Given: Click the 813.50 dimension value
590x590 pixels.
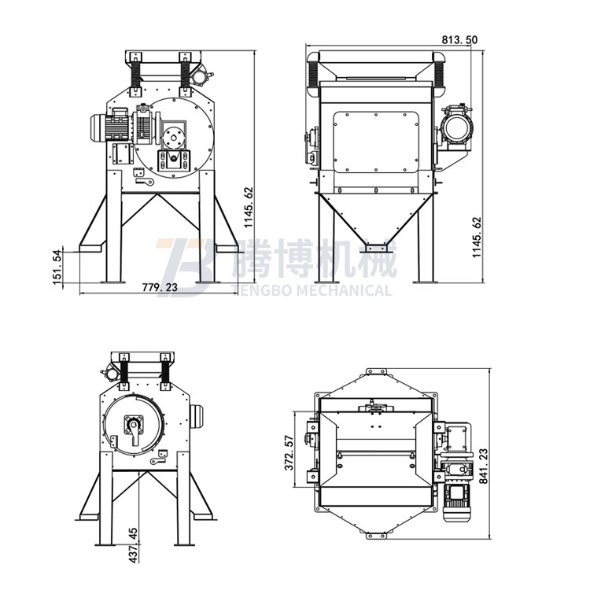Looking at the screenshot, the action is click(459, 39).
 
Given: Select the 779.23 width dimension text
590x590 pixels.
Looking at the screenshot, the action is click(160, 287).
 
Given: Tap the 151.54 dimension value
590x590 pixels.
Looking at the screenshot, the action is click(57, 267).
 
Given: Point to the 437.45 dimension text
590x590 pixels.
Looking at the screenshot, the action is click(133, 545).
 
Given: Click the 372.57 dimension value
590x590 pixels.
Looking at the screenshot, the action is click(289, 452).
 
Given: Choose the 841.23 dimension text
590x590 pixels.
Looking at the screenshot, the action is click(484, 466).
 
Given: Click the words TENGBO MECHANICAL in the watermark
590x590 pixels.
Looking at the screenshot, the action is click(313, 290).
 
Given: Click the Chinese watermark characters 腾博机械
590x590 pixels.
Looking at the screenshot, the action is click(315, 259).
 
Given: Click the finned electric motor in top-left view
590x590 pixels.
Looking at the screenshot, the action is click(110, 127).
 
